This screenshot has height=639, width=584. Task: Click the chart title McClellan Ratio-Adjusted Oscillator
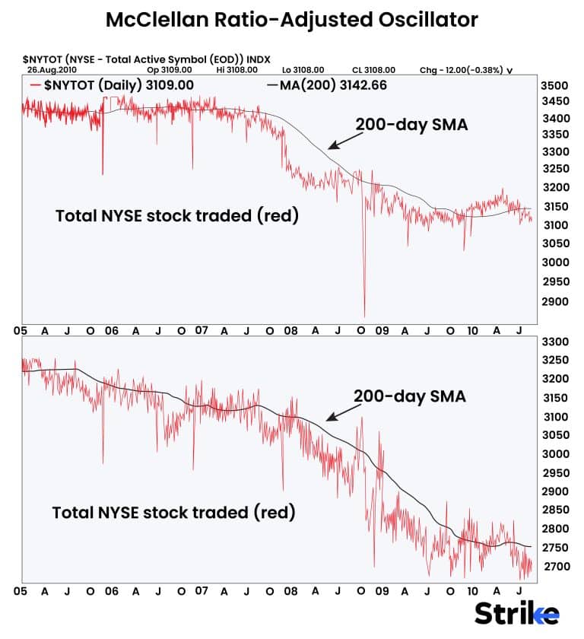pyautogui.click(x=292, y=20)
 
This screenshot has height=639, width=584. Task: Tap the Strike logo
pyautogui.click(x=517, y=613)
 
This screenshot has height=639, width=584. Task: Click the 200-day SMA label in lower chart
pyautogui.click(x=409, y=396)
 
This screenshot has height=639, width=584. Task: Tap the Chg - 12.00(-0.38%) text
pyautogui.click(x=466, y=70)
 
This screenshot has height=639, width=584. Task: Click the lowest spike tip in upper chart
pyautogui.click(x=365, y=316)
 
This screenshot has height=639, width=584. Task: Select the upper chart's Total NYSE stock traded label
pyautogui.click(x=177, y=216)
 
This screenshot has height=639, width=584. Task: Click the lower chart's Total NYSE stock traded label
pyautogui.click(x=173, y=513)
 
